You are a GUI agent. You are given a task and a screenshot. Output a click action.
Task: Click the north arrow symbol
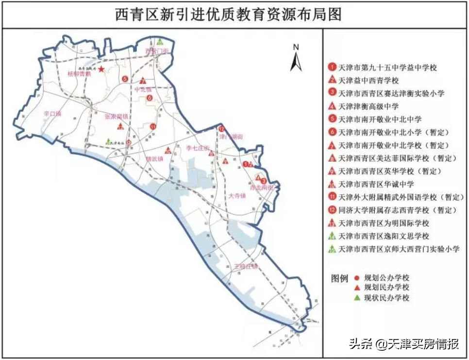(296, 58)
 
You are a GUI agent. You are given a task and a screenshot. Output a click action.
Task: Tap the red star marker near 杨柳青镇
(101, 69)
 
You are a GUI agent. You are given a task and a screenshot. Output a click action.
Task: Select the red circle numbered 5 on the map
(125, 79)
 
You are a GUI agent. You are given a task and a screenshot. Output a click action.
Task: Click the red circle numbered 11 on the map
(152, 127)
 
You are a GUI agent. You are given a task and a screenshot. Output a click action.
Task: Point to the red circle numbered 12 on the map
(221, 129)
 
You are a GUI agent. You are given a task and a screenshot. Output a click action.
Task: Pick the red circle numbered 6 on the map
(149, 98)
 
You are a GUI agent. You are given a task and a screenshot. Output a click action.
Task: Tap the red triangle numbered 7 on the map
(143, 81)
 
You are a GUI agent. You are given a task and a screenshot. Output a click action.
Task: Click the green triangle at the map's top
(160, 42)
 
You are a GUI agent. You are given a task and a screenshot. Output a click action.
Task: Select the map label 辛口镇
(52, 114)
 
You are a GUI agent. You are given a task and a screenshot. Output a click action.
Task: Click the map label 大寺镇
(237, 196)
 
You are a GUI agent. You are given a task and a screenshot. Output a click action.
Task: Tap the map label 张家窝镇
(117, 117)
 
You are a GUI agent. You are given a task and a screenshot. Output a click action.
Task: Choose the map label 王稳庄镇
(246, 266)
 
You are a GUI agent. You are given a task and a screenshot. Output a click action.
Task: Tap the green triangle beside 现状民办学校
(357, 297)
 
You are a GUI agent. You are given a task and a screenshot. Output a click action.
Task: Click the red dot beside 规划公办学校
(357, 278)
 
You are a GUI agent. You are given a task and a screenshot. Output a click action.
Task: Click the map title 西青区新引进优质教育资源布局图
(228, 15)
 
